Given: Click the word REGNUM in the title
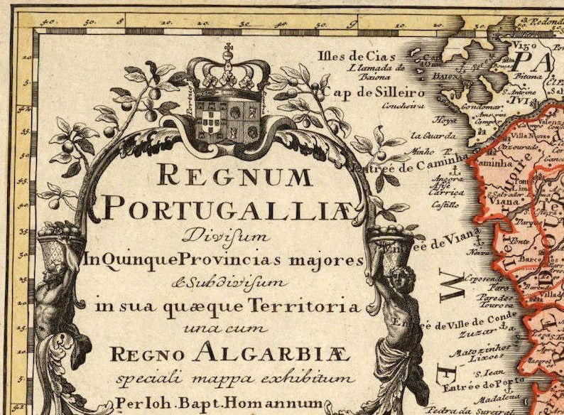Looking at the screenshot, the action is [x=235, y=174].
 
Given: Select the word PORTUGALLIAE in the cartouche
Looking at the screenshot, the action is [x=227, y=208].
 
